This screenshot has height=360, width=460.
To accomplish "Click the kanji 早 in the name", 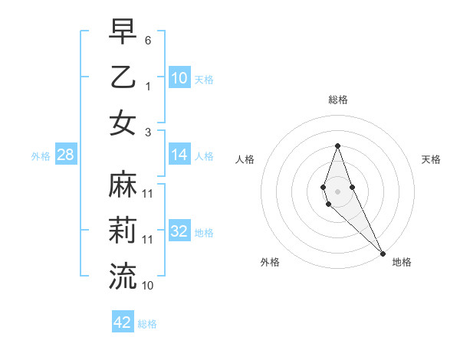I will (x=123, y=32).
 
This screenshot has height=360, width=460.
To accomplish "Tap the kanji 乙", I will (x=123, y=77).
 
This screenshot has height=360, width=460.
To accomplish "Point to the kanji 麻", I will (x=123, y=185).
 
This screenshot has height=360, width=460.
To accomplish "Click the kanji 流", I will (x=123, y=276).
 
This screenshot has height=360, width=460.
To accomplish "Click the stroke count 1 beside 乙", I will (x=148, y=86).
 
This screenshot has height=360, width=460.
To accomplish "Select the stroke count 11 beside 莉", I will (x=148, y=239).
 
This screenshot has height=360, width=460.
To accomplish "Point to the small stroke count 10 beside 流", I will (x=148, y=285).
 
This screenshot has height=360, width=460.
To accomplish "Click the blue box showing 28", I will (x=65, y=155).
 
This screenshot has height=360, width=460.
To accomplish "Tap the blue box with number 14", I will (x=179, y=155).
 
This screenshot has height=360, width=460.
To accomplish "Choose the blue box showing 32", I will (x=179, y=232).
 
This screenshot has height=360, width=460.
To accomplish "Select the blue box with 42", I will (x=123, y=322).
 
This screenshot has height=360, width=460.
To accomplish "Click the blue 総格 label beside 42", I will (x=147, y=324).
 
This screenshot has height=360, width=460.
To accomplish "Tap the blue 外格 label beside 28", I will (x=41, y=156).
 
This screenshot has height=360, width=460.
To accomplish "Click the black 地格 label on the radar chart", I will (x=402, y=262).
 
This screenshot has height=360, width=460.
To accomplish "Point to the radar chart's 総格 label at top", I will (x=337, y=100).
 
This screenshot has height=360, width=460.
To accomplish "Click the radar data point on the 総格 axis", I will (x=337, y=146).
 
